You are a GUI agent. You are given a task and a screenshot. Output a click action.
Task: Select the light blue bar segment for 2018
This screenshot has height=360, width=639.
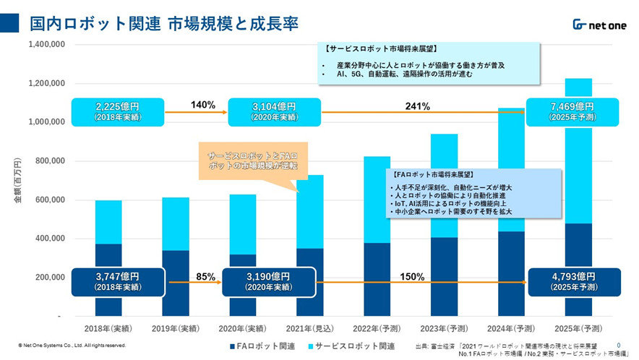pyautogui.click(x=108, y=222)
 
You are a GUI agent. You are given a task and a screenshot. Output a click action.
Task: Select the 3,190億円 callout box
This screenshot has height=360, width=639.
pyautogui.click(x=267, y=282)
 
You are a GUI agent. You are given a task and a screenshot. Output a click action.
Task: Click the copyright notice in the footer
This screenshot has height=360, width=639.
pyautogui.click(x=72, y=346)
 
